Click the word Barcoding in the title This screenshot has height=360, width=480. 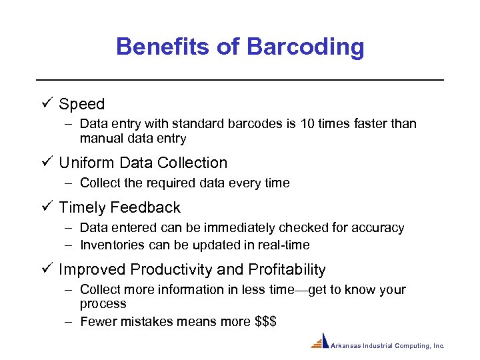click(305, 47)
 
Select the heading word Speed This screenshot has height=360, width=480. click(82, 105)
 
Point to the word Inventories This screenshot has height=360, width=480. click(112, 245)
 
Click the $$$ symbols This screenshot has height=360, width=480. click(266, 322)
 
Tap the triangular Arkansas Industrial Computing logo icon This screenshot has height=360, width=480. click(320, 341)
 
